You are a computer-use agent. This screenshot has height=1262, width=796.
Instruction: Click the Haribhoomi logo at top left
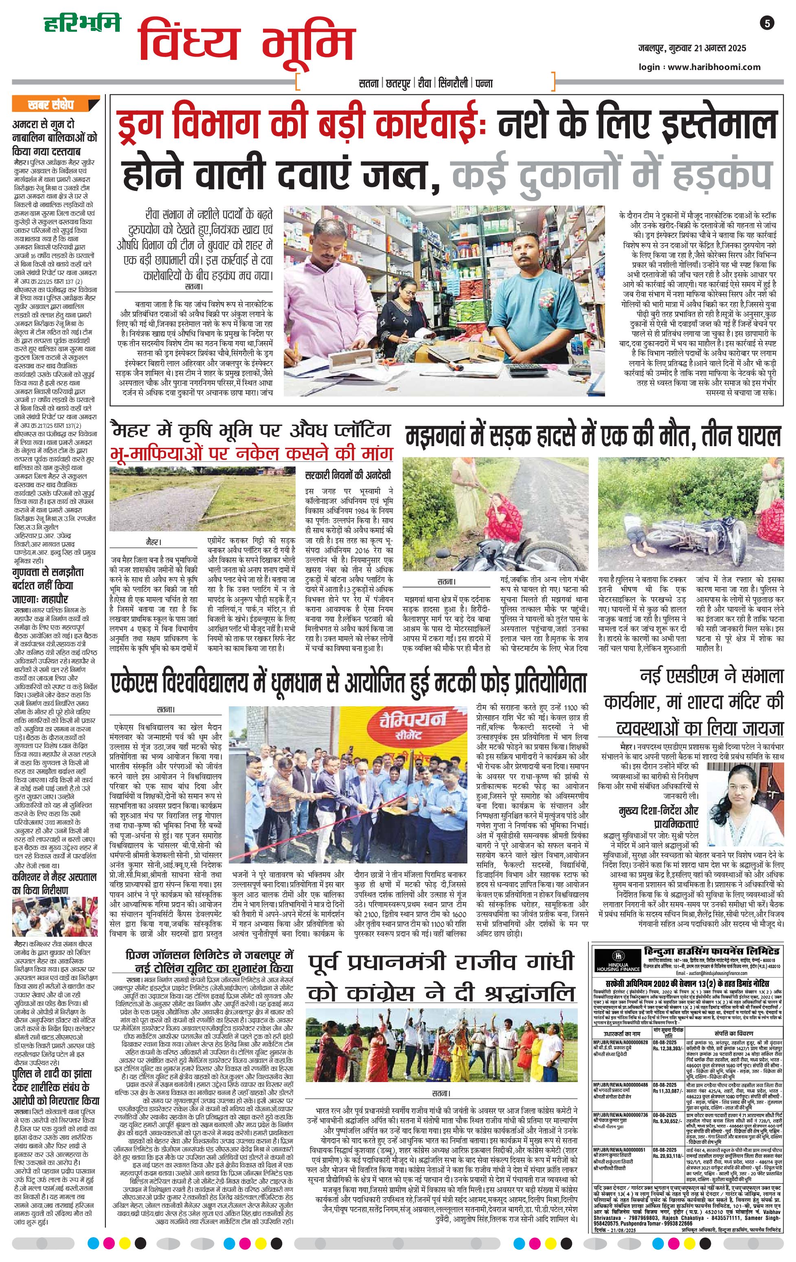[81, 24]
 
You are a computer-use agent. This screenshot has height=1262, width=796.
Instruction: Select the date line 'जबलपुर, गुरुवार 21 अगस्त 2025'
[692, 48]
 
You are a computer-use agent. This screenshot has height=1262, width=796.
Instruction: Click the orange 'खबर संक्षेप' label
[51, 105]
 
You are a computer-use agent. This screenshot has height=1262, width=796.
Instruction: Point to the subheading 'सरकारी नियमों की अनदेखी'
[348, 475]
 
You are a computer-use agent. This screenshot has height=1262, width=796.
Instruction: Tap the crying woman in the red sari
[495, 514]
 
